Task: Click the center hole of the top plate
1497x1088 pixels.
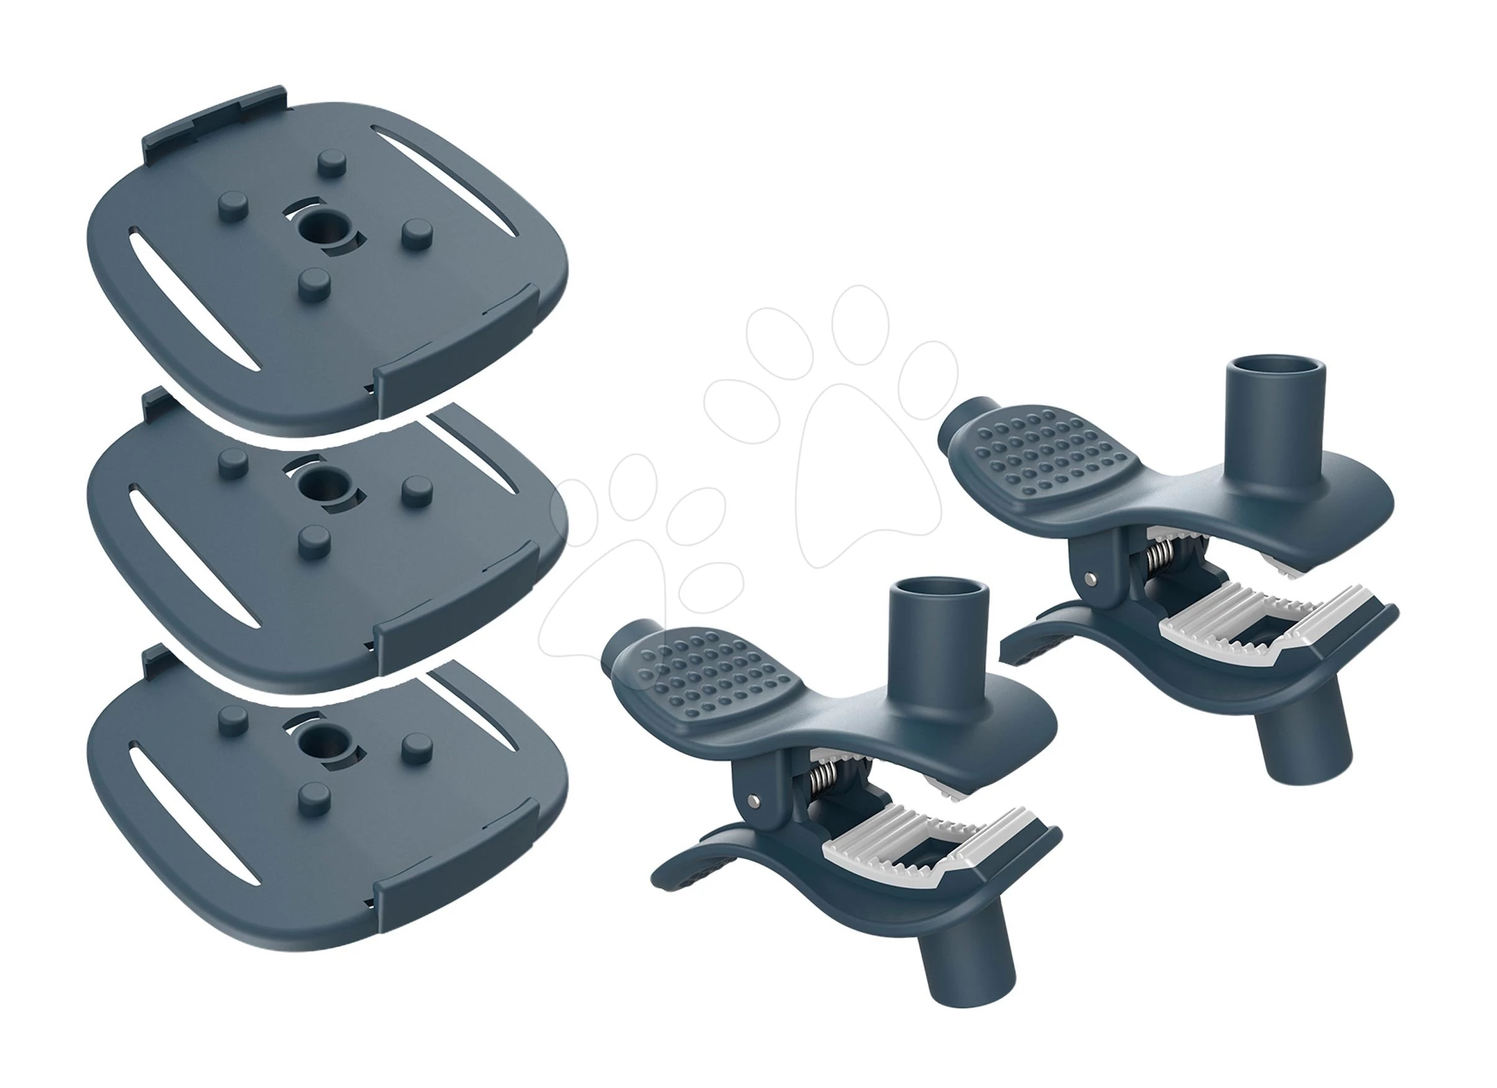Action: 323,231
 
